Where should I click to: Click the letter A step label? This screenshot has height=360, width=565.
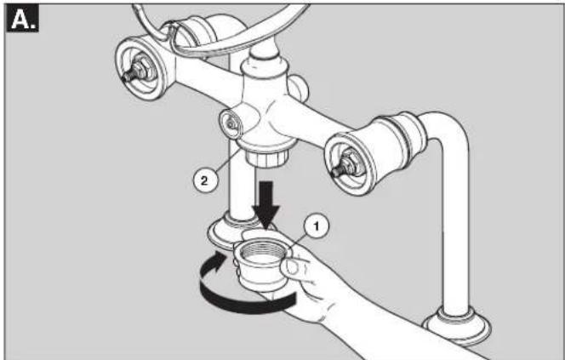(x=22, y=20)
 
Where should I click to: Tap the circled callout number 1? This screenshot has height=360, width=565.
(x=316, y=226)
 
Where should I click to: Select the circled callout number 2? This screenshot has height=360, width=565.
(x=204, y=180)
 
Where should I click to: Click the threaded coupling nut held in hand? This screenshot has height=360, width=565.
(x=260, y=264)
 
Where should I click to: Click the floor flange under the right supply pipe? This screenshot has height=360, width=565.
(x=457, y=325)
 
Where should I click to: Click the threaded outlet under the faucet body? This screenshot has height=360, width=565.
(x=267, y=157)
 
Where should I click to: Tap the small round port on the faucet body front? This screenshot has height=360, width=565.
(x=231, y=124)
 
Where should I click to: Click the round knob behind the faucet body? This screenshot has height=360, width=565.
(x=299, y=89)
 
